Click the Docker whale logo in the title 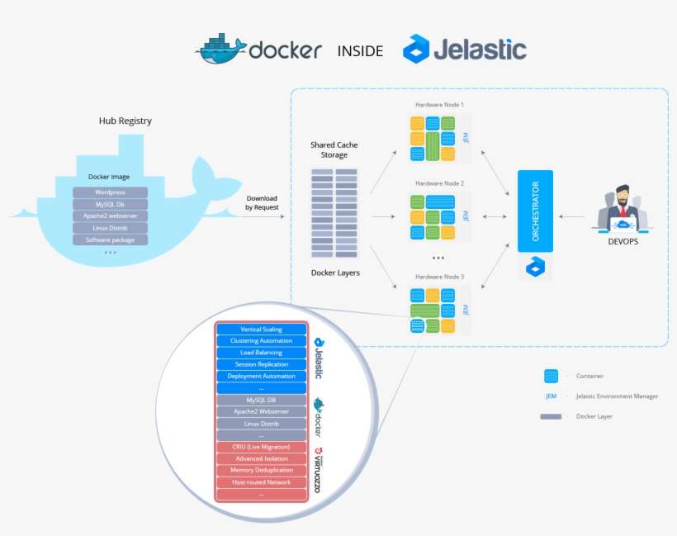tap(220, 49)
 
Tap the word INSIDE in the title tap(360, 51)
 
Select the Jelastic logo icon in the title tap(416, 50)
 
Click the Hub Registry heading tap(125, 121)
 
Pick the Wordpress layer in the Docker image tap(110, 192)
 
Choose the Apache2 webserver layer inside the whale tap(110, 216)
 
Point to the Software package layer tap(110, 240)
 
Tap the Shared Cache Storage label tap(334, 149)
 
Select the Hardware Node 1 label tap(439, 105)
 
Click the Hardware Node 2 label tap(439, 183)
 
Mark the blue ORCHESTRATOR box tap(534, 211)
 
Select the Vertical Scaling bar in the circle tap(261, 330)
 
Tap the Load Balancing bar tap(261, 353)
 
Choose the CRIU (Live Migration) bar tap(261, 447)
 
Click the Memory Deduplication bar tap(261, 470)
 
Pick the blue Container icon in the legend tap(551, 376)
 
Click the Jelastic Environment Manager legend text tap(617, 396)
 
